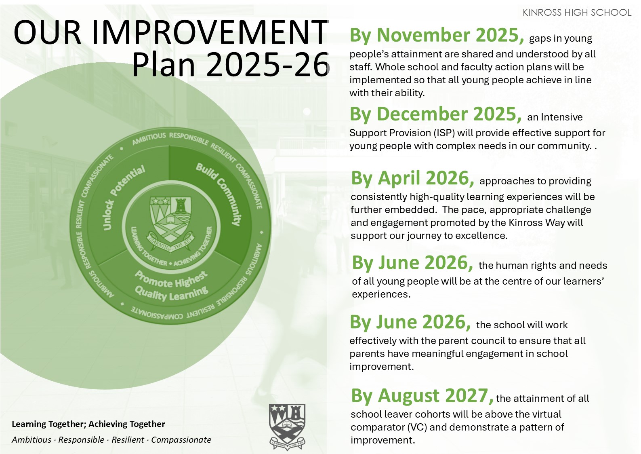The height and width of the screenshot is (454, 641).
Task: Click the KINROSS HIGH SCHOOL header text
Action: point(577,13)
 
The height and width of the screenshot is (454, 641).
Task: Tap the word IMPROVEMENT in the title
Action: point(210,32)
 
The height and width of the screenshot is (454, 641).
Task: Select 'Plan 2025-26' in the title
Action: point(231,64)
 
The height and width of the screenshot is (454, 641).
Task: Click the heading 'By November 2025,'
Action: point(437,36)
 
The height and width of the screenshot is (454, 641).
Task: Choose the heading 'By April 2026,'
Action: point(412,178)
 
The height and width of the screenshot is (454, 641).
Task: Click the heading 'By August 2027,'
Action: point(422,395)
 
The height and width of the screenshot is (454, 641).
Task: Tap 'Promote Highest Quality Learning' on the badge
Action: point(171,286)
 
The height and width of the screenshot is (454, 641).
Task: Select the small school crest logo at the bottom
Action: point(287,427)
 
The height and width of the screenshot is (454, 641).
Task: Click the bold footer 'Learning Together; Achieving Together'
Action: point(88,424)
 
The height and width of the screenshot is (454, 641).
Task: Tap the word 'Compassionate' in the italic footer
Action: point(181,440)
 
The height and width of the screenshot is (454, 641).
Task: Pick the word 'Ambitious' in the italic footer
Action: point(32,440)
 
